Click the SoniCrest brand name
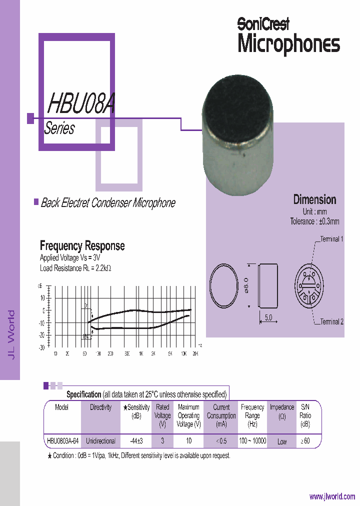point(263,23)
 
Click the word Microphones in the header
point(288,44)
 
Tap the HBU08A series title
point(81,104)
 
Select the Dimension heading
point(314,199)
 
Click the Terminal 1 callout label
point(331,239)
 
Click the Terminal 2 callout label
point(331,322)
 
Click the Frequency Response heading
point(82,245)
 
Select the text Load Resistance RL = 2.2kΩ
point(75,268)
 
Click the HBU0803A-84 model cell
point(61,441)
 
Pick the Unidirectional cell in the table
point(100,441)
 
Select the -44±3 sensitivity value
point(136,441)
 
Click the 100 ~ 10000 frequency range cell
point(252,441)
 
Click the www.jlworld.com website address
point(332,496)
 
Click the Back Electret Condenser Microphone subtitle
point(107,203)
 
